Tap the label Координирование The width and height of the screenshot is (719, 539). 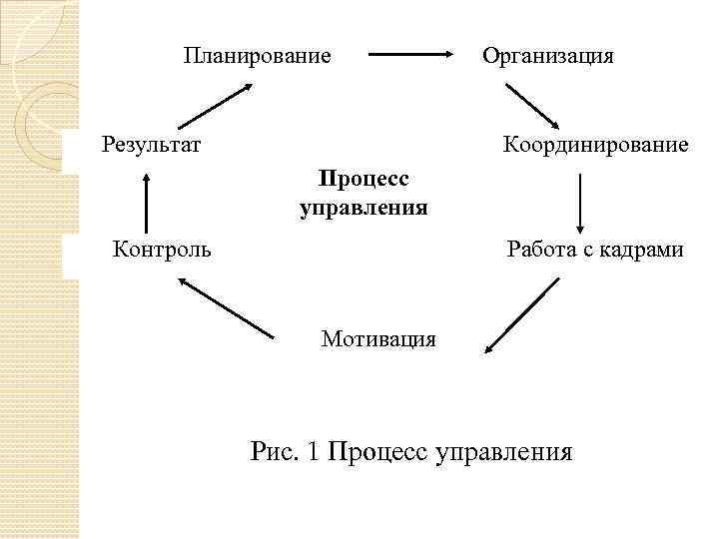[x=596, y=146]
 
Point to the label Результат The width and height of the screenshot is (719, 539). [x=152, y=146]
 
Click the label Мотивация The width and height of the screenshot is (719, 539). [x=378, y=339]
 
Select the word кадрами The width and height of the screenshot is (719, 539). [x=644, y=249]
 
